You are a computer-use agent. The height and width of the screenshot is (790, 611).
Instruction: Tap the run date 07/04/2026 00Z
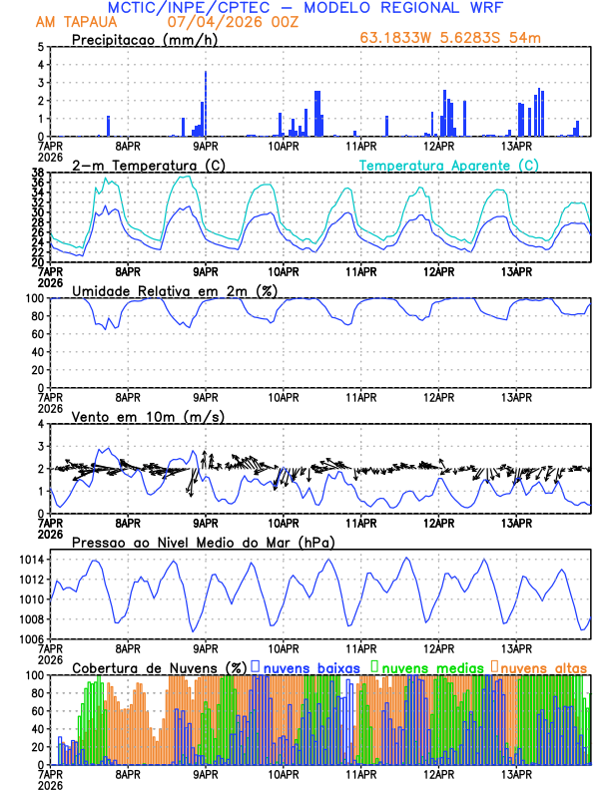238,22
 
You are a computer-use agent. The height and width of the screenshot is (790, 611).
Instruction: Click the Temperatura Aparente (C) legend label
448,165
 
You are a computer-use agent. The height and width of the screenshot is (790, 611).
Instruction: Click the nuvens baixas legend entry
308,667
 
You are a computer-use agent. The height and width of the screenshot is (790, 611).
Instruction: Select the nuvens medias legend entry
429,667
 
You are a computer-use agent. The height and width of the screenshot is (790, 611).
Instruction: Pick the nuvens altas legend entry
542,667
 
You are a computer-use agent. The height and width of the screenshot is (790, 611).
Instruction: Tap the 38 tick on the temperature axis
36,173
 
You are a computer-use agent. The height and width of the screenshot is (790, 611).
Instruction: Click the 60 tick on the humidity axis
36,334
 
